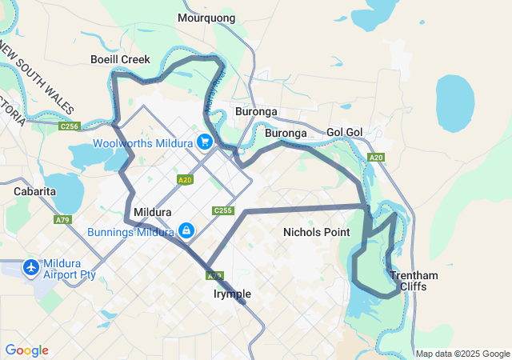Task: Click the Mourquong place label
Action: tap(206, 18)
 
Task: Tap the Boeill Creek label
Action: tap(120, 59)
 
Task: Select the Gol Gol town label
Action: tap(346, 132)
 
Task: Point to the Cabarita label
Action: tap(34, 191)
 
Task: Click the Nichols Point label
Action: tap(317, 232)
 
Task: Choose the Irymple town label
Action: tap(232, 294)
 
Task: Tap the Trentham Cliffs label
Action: tap(414, 281)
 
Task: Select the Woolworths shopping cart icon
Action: tap(205, 142)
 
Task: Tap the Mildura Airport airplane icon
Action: tap(31, 266)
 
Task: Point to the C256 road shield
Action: tap(70, 126)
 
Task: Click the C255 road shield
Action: tap(222, 210)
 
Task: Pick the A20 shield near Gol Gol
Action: tap(376, 158)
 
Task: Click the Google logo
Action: tap(26, 350)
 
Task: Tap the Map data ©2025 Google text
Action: tap(462, 354)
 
